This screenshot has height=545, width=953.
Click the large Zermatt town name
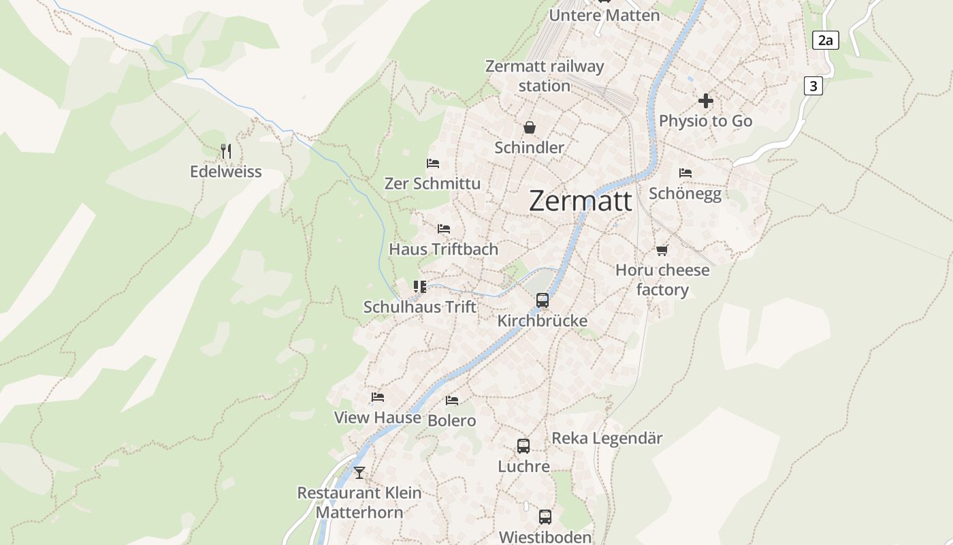pyautogui.click(x=580, y=201)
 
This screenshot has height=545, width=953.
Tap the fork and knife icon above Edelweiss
pyautogui.click(x=227, y=151)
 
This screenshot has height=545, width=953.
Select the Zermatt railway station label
pyautogui.click(x=544, y=76)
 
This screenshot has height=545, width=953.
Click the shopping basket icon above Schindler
pyautogui.click(x=530, y=127)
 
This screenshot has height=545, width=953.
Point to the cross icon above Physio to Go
pyautogui.click(x=706, y=101)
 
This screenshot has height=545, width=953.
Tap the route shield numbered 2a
pyautogui.click(x=825, y=40)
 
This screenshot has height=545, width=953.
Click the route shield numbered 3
pyautogui.click(x=813, y=86)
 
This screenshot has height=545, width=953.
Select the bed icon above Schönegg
pyautogui.click(x=685, y=173)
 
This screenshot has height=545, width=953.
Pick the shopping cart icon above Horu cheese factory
pyautogui.click(x=662, y=250)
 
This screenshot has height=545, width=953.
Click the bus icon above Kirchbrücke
pyautogui.click(x=543, y=300)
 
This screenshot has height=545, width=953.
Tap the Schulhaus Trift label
pyautogui.click(x=420, y=307)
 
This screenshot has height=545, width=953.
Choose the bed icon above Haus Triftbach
pyautogui.click(x=444, y=228)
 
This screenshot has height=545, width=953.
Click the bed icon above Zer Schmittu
pyautogui.click(x=433, y=163)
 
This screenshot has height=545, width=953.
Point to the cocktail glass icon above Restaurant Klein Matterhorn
pyautogui.click(x=359, y=471)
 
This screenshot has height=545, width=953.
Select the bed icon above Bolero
pyautogui.click(x=452, y=400)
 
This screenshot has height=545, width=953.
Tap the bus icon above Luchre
pyautogui.click(x=523, y=446)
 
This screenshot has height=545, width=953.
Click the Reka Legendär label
pyautogui.click(x=607, y=438)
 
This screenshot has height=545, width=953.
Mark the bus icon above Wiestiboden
pyautogui.click(x=545, y=516)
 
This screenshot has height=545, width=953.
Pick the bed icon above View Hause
pyautogui.click(x=378, y=396)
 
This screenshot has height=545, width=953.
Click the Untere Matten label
pyautogui.click(x=604, y=15)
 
